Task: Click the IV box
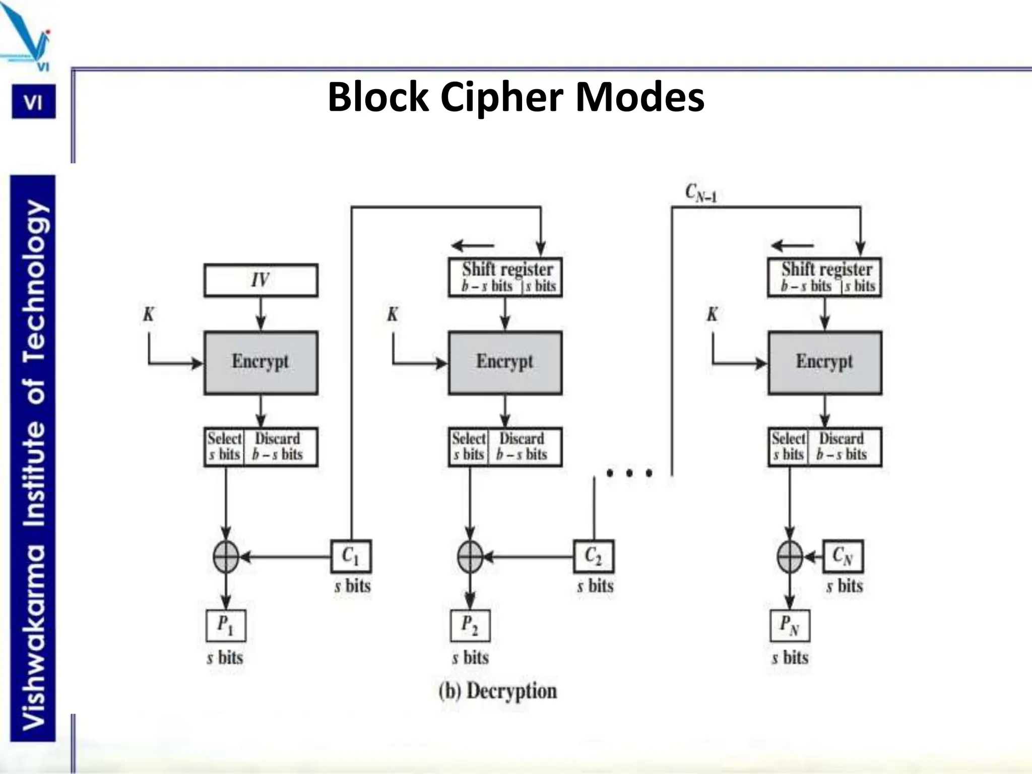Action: (261, 280)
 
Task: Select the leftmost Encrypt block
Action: (261, 362)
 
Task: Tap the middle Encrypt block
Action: (505, 362)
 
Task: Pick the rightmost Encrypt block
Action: (824, 362)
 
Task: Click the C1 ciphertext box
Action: (351, 556)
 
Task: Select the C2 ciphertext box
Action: (593, 556)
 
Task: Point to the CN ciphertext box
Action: (843, 556)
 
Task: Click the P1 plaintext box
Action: (225, 625)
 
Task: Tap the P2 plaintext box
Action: (470, 625)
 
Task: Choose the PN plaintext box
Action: (790, 625)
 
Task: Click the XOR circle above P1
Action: (226, 557)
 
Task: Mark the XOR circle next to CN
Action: (790, 557)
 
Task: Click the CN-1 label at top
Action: (700, 192)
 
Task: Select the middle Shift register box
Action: (505, 277)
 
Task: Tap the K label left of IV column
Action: (148, 314)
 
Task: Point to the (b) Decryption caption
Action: (497, 691)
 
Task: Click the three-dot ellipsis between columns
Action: (629, 473)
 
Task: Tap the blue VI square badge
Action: (34, 102)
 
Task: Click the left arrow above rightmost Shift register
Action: (792, 246)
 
